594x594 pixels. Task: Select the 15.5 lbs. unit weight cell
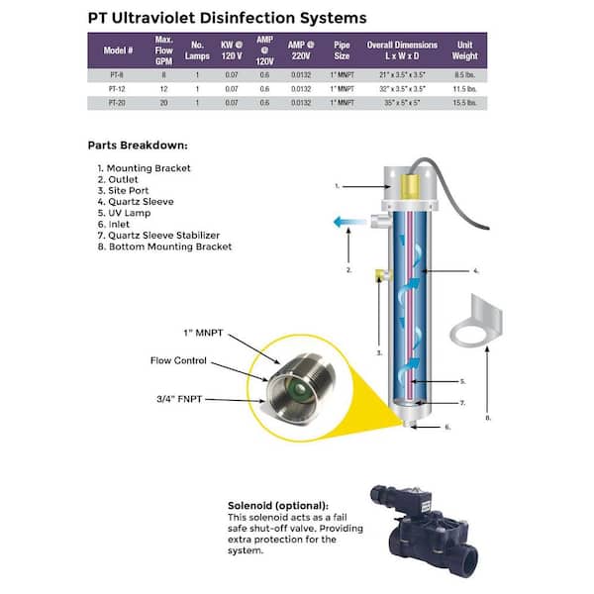click(465, 102)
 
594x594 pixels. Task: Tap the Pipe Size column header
click(343, 50)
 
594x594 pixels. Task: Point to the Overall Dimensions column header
click(403, 50)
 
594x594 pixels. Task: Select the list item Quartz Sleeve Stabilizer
click(169, 236)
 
